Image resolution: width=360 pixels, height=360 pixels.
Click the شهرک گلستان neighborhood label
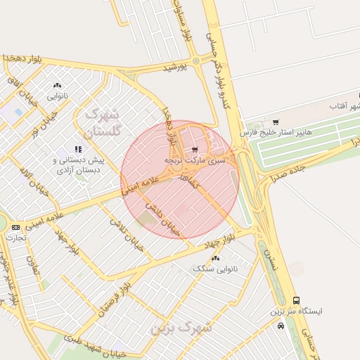(x=104, y=122)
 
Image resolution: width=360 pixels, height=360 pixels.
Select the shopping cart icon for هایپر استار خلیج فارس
(x=275, y=122)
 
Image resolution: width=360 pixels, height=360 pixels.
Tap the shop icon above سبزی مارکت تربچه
(x=195, y=149)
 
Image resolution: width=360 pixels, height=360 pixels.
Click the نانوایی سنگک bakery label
(x=214, y=269)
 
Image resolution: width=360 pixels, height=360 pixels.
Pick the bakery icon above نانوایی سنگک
(x=215, y=258)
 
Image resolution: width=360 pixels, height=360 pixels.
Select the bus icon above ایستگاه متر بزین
(x=296, y=300)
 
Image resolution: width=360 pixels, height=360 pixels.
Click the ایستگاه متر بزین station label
(x=296, y=311)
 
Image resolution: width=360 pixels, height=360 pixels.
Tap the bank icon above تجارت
(x=15, y=227)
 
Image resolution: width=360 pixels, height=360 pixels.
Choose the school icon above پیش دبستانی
(x=78, y=149)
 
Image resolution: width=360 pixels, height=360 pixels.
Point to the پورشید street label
(x=176, y=67)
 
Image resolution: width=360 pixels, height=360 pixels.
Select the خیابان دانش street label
(x=165, y=218)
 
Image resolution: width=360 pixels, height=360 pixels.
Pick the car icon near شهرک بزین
(x=281, y=326)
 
